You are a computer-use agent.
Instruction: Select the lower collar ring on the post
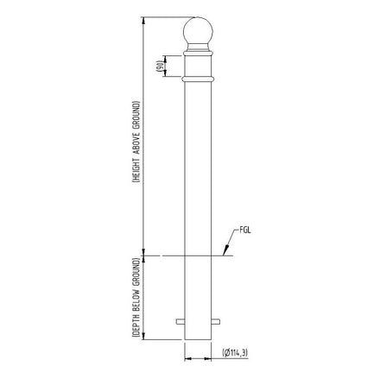tap(199, 79)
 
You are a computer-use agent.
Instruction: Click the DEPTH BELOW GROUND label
tap(136, 298)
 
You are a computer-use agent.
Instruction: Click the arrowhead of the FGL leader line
tap(224, 256)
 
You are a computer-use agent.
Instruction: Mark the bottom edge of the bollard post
tap(199, 338)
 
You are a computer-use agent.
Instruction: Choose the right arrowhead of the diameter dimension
tap(211, 353)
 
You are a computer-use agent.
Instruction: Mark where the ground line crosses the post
tap(199, 256)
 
